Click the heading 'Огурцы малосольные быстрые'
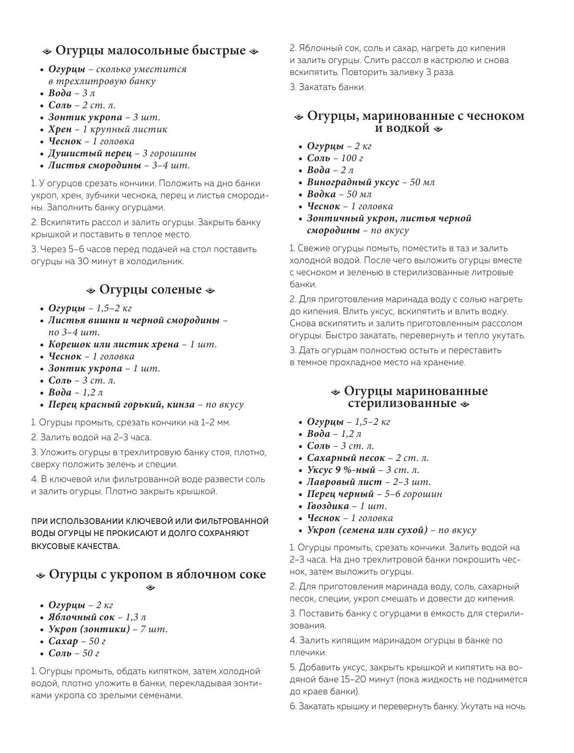coord(151,51)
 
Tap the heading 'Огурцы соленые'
coord(150,290)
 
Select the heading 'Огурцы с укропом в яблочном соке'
coord(157,574)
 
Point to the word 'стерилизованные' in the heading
coord(402,403)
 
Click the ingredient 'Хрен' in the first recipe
coord(60,129)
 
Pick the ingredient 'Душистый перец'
coord(90,153)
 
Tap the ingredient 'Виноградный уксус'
coord(353,182)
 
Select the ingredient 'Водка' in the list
coord(321,194)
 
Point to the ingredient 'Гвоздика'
coord(328,506)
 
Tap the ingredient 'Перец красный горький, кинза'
coord(122,405)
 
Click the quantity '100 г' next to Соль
coord(352,158)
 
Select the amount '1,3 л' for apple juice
coord(136,617)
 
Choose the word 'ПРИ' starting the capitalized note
coord(39,522)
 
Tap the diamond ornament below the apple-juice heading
coord(151,587)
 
